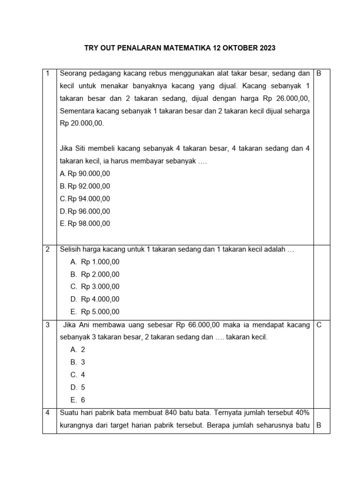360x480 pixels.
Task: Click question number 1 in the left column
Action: pos(48,74)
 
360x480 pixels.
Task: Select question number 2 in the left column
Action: pos(48,249)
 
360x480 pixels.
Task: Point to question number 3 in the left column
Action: pos(48,324)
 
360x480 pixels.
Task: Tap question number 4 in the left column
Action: pos(48,413)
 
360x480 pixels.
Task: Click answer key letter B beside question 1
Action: pos(319,74)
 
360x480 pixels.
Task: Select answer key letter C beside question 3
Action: pos(319,324)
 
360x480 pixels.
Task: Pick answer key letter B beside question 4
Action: pos(319,426)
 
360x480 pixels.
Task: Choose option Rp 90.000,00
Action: pos(89,173)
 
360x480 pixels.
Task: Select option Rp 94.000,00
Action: pos(89,199)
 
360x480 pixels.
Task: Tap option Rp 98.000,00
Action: pos(89,224)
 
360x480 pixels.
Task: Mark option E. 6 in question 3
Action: pos(78,400)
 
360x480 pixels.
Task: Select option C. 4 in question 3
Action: pos(78,375)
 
